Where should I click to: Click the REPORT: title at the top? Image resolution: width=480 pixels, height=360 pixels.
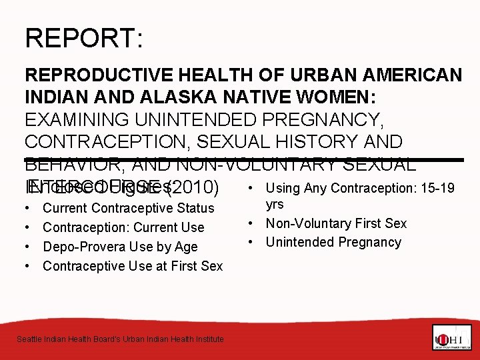click(83, 38)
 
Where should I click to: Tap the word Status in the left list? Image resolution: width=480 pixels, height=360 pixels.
click(193, 208)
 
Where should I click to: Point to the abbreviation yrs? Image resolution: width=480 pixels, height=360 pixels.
click(275, 205)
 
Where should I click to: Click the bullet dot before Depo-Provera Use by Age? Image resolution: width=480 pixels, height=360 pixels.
click(29, 247)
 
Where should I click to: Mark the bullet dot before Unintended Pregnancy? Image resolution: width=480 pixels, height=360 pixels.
click(255, 242)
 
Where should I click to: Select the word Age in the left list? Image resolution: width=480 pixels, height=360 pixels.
click(187, 247)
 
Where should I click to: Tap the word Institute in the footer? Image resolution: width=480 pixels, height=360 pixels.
click(207, 339)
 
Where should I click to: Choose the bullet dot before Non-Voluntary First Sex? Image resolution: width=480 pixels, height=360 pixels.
click(255, 223)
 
